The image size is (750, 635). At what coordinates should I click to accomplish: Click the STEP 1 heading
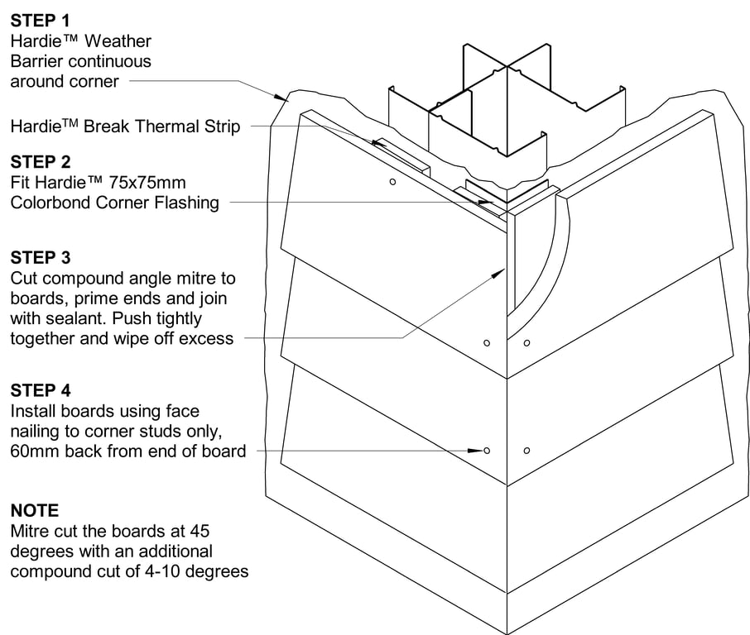coord(41,20)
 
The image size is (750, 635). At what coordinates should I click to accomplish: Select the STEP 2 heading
coord(41,161)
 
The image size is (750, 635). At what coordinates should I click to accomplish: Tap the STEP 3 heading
coord(41,257)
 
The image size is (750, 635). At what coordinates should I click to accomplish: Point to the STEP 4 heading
coord(41,389)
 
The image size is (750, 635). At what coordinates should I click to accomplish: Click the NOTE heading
coord(35,510)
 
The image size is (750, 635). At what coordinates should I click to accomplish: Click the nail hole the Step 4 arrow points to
coord(487,450)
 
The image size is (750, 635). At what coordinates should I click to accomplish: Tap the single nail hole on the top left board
coord(392,181)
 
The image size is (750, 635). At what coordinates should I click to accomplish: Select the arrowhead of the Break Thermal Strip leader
coord(377,142)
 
